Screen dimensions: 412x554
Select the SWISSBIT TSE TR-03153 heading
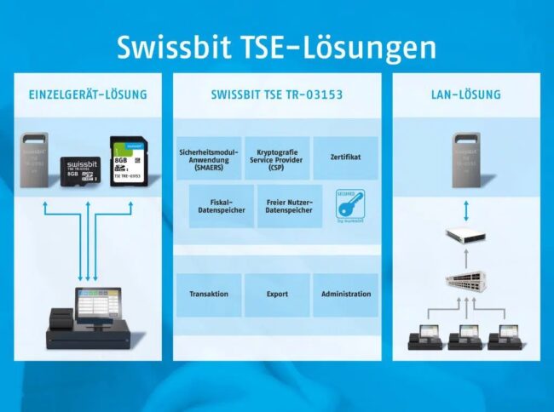[x=277, y=94]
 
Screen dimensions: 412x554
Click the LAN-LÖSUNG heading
[x=465, y=94]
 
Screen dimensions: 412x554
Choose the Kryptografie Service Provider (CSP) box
[x=277, y=158]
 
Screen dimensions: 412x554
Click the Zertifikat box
[x=345, y=158]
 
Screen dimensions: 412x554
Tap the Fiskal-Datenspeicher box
[x=221, y=206]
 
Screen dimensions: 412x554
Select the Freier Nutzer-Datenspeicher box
[x=289, y=206]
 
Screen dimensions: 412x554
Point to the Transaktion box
[x=209, y=295]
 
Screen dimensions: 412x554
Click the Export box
[x=277, y=295]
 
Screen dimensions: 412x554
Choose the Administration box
[x=346, y=295]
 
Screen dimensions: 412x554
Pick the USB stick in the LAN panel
[x=466, y=160]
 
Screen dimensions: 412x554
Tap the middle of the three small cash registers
[x=465, y=333]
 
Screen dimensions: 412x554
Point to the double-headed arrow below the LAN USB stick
[x=465, y=209]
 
